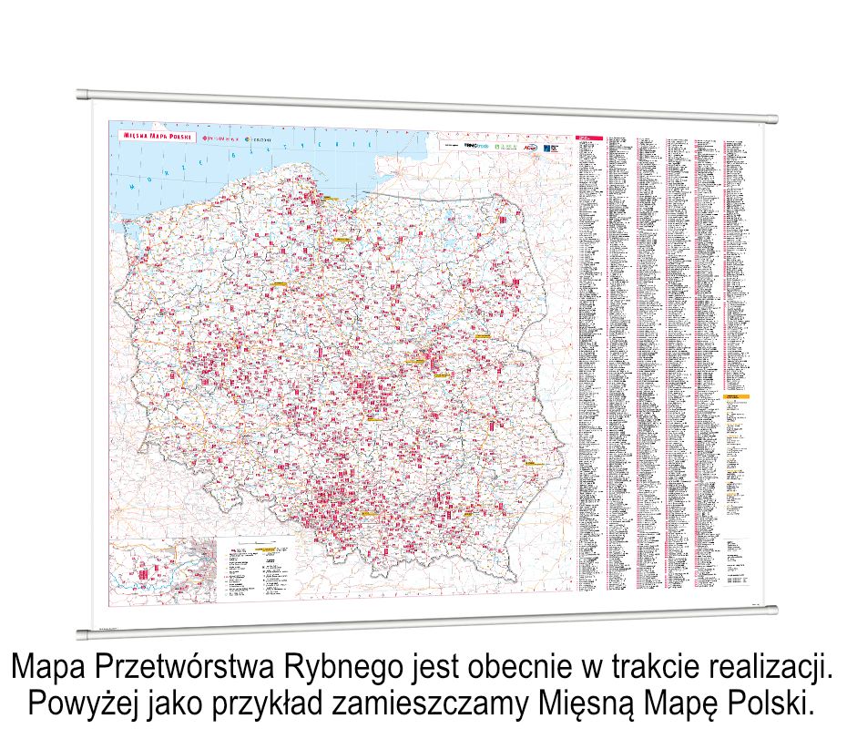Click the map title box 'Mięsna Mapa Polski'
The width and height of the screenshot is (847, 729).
(x=152, y=135)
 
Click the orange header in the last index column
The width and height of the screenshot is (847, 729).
(x=737, y=397)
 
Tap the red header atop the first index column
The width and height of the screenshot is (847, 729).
(x=588, y=139)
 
